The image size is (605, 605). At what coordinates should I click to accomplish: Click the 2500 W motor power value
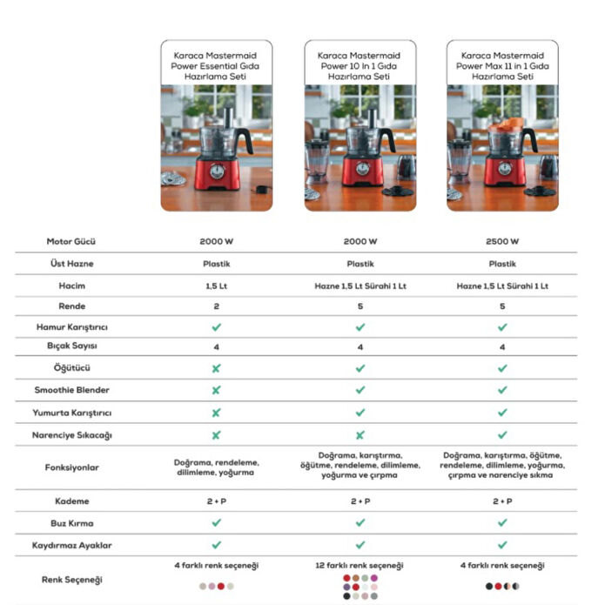click(x=502, y=241)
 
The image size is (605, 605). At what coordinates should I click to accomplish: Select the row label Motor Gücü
click(x=72, y=241)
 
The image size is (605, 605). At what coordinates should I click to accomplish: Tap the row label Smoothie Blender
click(x=72, y=391)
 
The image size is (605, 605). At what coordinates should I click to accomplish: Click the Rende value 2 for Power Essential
click(x=216, y=306)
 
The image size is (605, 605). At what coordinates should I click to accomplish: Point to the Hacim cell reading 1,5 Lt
click(x=216, y=286)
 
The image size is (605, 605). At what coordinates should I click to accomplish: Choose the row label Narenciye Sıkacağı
click(x=73, y=434)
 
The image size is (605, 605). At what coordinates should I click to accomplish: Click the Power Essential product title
click(x=217, y=65)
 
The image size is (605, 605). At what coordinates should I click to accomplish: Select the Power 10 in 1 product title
click(x=360, y=65)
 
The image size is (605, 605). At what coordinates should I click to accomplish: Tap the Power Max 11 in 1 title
click(x=502, y=65)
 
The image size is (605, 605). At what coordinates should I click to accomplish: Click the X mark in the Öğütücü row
click(x=216, y=369)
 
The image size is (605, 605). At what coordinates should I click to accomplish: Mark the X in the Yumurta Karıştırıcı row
click(x=216, y=413)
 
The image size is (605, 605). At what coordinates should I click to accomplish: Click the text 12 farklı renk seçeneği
click(x=360, y=565)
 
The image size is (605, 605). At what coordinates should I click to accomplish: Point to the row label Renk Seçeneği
click(x=72, y=579)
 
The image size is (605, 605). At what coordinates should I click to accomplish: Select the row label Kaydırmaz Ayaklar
click(x=72, y=545)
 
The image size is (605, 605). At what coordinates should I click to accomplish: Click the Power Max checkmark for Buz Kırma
click(x=502, y=523)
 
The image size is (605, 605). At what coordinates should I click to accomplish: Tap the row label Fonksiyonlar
click(x=72, y=467)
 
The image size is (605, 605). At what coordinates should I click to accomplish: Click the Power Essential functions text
click(x=216, y=467)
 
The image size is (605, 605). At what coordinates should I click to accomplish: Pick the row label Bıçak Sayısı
click(x=72, y=347)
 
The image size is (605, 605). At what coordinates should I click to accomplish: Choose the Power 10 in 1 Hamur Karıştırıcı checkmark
click(x=360, y=327)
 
